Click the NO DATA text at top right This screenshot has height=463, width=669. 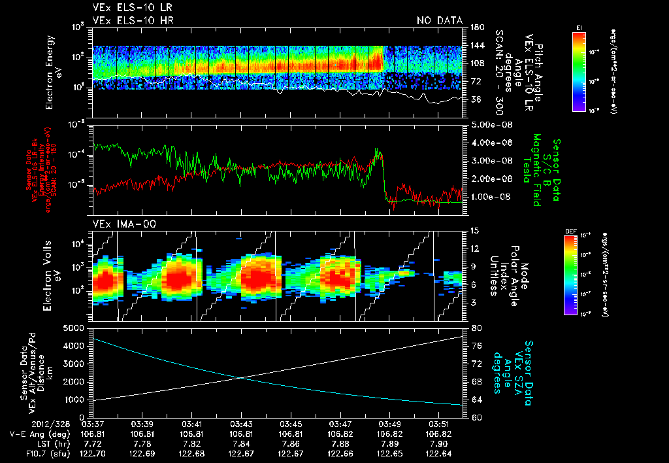point(440,20)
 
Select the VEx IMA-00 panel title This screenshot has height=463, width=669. point(118,224)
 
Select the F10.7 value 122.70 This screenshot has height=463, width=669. point(93,453)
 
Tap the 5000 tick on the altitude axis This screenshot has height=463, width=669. point(76,328)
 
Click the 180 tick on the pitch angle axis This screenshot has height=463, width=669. point(476,27)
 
